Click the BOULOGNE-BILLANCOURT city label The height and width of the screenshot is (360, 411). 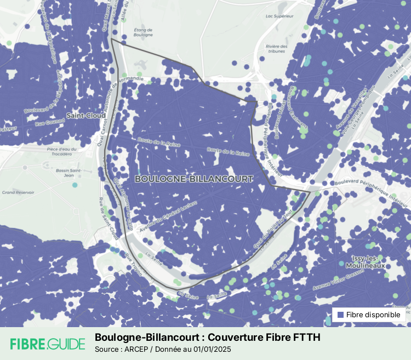pos(193,179)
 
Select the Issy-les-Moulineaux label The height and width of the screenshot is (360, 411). pos(368,261)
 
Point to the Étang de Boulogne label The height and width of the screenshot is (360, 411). pos(142,33)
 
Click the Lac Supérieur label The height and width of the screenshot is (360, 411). pos(276,16)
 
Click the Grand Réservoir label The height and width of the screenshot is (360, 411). pos(18,192)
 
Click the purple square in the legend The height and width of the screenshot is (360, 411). pos(340,315)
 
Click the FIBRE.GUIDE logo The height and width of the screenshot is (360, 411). pos(48,344)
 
